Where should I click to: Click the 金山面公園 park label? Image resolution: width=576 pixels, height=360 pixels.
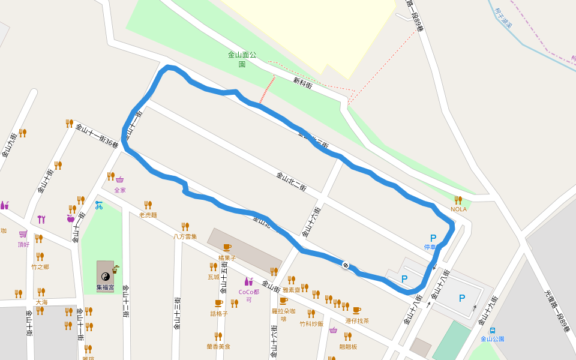click(242, 59)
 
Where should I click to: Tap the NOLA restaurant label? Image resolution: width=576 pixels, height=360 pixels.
click(458, 209)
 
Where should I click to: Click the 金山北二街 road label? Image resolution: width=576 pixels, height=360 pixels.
click(291, 182)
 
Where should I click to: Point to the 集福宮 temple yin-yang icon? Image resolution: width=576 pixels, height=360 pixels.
click(105, 276)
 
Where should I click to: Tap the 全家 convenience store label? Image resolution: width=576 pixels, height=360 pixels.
click(120, 190)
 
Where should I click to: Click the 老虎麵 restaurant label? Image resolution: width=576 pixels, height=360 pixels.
click(148, 215)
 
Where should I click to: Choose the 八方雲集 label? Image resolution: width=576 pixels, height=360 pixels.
click(185, 236)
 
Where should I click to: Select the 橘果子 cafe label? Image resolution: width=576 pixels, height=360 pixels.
click(227, 257)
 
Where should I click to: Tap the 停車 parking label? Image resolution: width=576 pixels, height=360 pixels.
click(430, 247)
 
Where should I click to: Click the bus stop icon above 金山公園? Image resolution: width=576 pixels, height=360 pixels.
click(493, 330)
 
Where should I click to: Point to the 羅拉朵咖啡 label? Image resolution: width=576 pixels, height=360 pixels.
click(283, 314)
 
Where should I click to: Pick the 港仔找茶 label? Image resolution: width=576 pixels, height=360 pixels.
click(357, 321)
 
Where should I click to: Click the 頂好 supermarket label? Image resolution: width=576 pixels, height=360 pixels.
click(23, 244)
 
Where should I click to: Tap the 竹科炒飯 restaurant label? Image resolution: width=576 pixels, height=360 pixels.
click(311, 323)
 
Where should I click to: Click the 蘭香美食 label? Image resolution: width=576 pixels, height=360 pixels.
click(218, 346)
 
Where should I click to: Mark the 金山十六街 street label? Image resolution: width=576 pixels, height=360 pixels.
click(313, 223)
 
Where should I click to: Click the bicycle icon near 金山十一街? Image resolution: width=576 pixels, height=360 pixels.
click(98, 205)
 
